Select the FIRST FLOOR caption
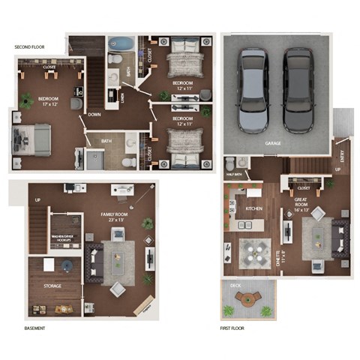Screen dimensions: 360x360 click(x=235, y=328)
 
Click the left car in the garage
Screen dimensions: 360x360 click(x=251, y=90)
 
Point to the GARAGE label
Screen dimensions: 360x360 click(x=274, y=142)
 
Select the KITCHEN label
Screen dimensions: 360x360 click(x=253, y=208)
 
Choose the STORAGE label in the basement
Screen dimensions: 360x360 click(x=52, y=286)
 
